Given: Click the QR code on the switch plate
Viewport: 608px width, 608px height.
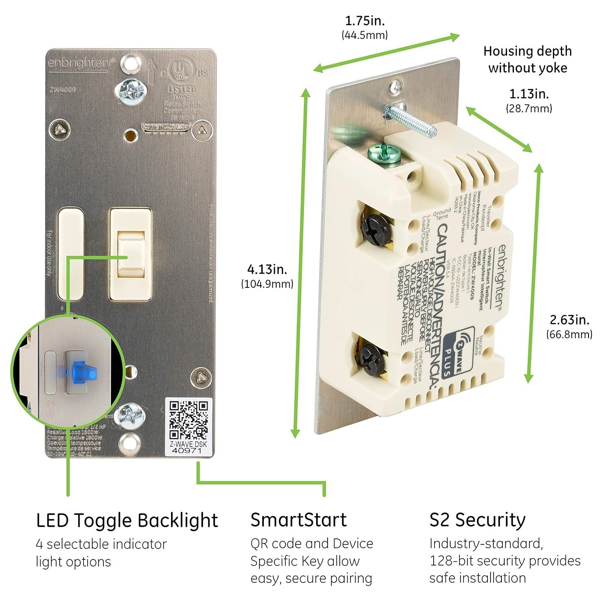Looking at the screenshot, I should (189, 420).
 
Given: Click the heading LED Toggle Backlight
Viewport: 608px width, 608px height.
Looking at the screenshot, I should (127, 521).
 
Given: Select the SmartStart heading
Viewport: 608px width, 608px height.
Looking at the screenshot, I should (298, 520).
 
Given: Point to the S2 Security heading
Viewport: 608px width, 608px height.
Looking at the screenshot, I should (477, 520).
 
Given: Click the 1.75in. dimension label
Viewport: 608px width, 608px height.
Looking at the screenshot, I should (365, 21).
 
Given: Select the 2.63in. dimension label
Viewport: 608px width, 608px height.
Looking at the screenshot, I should (569, 320).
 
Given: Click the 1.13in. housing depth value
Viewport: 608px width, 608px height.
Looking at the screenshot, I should (529, 94).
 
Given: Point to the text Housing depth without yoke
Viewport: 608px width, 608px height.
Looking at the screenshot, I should (527, 60).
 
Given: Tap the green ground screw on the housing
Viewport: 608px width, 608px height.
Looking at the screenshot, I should (384, 154).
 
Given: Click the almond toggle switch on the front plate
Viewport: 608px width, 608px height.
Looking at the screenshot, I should (131, 256).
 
